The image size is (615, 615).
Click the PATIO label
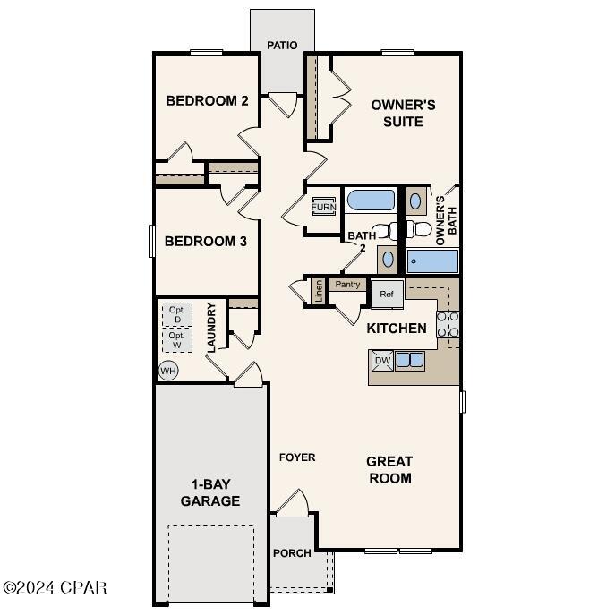(282, 45)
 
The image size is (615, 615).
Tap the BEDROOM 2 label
(207, 101)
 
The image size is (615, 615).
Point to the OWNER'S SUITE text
(403, 113)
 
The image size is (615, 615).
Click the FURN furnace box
(324, 208)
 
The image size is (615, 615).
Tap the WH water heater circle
(167, 370)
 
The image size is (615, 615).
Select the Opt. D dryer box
(177, 314)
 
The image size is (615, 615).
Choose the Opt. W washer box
(177, 340)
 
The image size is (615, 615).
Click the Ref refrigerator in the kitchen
(387, 294)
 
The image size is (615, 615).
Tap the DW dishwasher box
(382, 361)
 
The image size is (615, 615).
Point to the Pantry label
(347, 285)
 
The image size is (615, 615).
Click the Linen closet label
(318, 291)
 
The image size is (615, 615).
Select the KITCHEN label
(397, 329)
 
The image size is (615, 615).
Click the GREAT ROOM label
(389, 470)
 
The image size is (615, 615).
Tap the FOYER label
(297, 457)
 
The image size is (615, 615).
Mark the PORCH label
(292, 553)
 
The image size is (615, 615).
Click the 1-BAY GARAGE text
(210, 492)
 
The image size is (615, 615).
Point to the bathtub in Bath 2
(370, 201)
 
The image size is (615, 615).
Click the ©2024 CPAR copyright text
(55, 588)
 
